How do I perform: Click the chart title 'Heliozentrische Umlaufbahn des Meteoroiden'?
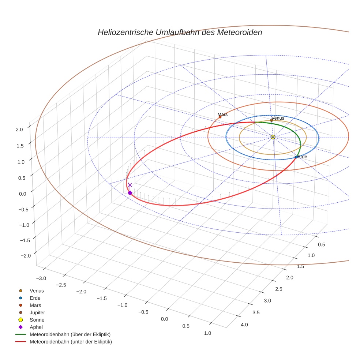[x=180, y=32]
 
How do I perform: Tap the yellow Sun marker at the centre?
[x=273, y=137]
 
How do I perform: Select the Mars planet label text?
[x=222, y=115]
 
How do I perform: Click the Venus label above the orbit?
[x=278, y=118]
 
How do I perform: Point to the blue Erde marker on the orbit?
[x=296, y=157]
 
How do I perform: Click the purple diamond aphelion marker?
[x=130, y=193]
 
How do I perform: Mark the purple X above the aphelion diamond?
[x=130, y=185]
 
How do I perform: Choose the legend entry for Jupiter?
[x=37, y=312]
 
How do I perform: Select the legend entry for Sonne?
[x=37, y=320]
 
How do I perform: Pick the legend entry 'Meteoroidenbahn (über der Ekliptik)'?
[x=70, y=334]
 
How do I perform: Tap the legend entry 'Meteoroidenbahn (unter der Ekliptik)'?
[x=71, y=342]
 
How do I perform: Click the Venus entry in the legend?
[x=37, y=290]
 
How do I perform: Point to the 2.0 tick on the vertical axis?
[x=19, y=129]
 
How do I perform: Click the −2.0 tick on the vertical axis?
[x=18, y=255]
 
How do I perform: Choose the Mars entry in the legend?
[x=35, y=305]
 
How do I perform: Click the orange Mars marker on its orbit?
[x=220, y=117]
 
